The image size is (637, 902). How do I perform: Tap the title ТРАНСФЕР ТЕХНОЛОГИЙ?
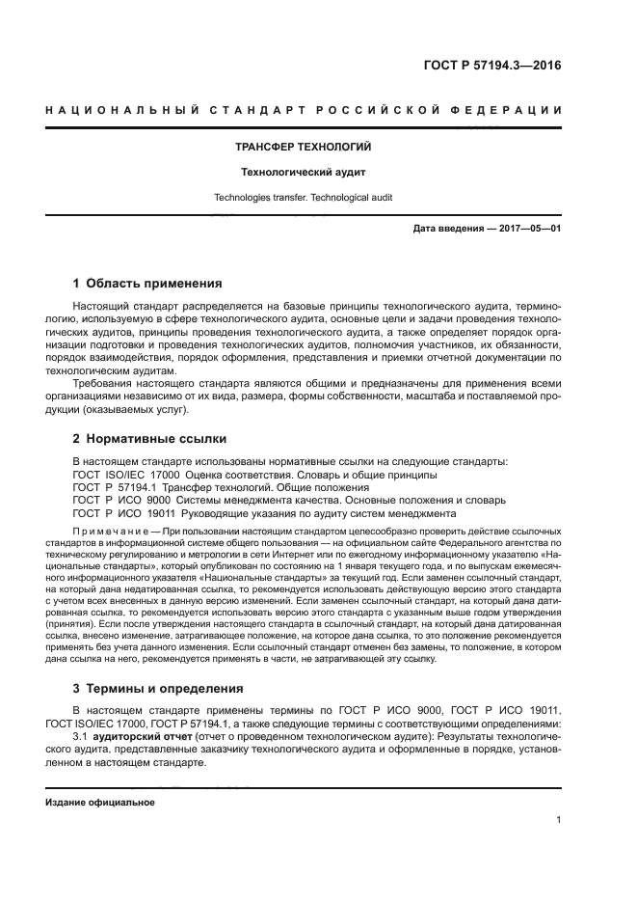[x=304, y=148]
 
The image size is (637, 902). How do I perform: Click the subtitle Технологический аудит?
[x=304, y=173]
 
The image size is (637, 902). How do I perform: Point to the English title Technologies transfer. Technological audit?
[x=304, y=198]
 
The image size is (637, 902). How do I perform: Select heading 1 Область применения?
[x=148, y=284]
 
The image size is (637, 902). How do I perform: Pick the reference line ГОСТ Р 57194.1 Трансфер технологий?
[x=214, y=488]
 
